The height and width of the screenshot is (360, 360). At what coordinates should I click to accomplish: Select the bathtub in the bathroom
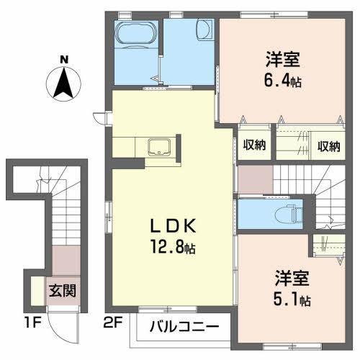click(136, 33)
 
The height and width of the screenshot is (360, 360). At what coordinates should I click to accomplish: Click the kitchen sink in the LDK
click(158, 148)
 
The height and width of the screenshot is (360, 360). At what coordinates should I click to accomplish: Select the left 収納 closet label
click(254, 146)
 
